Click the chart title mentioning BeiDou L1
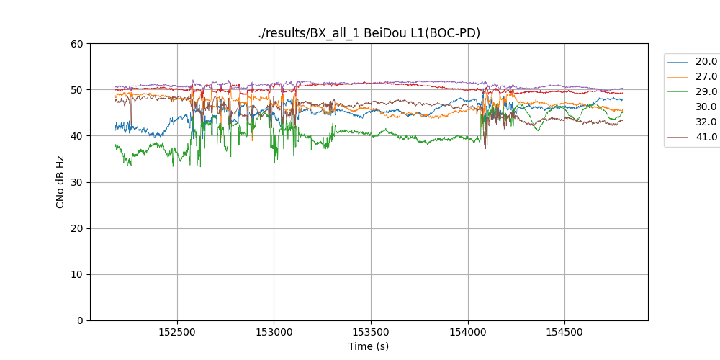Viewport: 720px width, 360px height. pyautogui.click(x=369, y=33)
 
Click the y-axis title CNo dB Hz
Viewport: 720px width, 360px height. pyautogui.click(x=60, y=182)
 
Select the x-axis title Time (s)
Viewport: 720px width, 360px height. pyautogui.click(x=369, y=346)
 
